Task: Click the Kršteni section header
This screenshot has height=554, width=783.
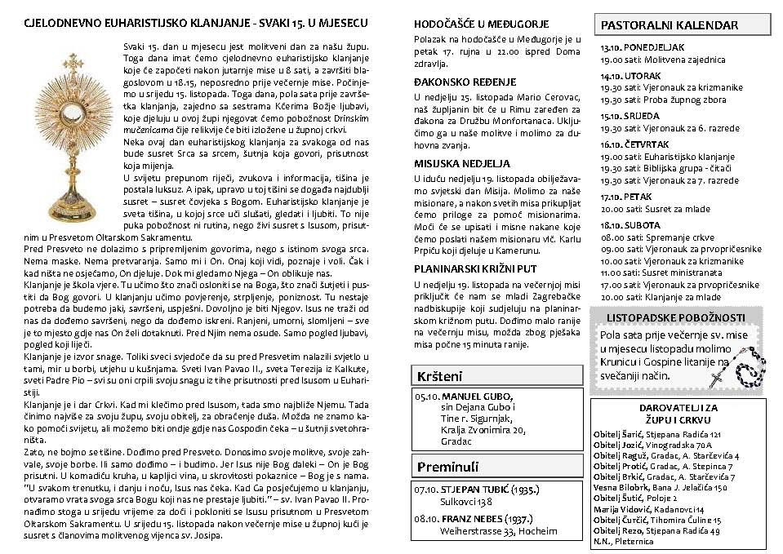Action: tap(439, 376)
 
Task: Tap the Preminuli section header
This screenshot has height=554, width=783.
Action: tap(446, 466)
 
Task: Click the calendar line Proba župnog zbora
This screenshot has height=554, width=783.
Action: tap(670, 100)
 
